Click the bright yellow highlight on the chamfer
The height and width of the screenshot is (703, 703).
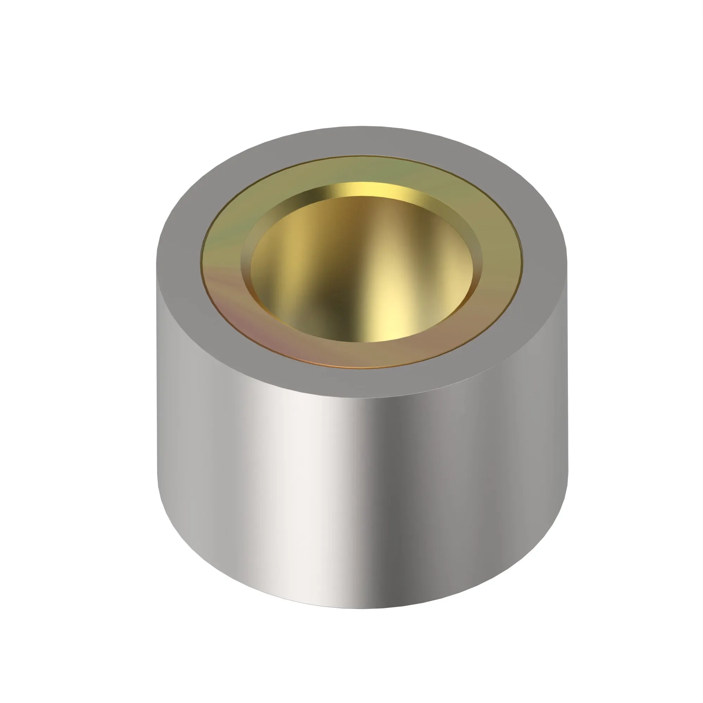tap(368, 189)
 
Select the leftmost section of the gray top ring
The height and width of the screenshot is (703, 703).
tap(178, 262)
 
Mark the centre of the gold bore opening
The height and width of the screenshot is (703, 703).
tap(362, 269)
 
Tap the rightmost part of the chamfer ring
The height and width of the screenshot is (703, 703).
tap(477, 266)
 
